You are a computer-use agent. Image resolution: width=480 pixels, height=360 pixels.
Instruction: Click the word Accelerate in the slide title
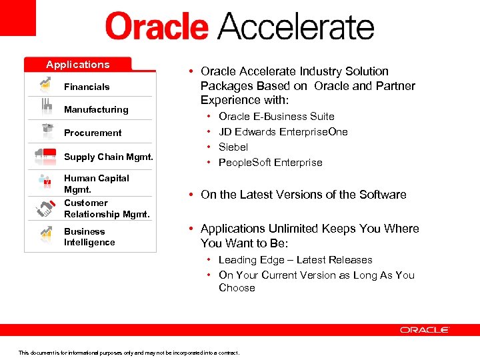pyautogui.click(x=297, y=27)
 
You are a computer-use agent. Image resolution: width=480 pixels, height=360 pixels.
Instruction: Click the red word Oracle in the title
pyautogui.click(x=157, y=27)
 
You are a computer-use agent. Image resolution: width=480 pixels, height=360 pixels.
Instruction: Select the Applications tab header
pyautogui.click(x=78, y=65)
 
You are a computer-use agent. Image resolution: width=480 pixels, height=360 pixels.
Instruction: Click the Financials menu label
pyautogui.click(x=87, y=87)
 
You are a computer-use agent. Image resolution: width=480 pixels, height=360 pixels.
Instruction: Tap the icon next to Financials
pyautogui.click(x=45, y=85)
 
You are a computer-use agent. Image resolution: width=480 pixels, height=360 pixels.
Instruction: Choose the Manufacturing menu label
pyautogui.click(x=96, y=109)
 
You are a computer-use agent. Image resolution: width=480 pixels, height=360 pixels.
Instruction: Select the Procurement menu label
pyautogui.click(x=93, y=133)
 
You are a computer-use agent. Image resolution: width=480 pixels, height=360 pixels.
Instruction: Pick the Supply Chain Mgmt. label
pyautogui.click(x=109, y=157)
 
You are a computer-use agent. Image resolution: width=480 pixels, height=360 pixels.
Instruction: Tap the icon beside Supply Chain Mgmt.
pyautogui.click(x=45, y=155)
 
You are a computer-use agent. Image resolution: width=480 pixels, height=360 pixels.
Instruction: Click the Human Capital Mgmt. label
pyautogui.click(x=96, y=183)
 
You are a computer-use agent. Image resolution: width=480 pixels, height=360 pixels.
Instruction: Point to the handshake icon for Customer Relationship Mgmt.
pyautogui.click(x=45, y=208)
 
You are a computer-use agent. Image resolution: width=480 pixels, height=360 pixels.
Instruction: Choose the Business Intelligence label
pyautogui.click(x=89, y=237)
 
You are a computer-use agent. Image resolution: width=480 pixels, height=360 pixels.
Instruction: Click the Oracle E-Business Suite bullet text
pyautogui.click(x=276, y=116)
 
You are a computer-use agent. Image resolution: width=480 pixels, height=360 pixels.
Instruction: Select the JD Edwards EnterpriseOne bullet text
pyautogui.click(x=283, y=131)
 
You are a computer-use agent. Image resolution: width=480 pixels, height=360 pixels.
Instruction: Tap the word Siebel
pyautogui.click(x=233, y=147)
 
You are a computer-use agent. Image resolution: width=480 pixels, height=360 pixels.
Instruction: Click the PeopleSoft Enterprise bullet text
pyautogui.click(x=270, y=162)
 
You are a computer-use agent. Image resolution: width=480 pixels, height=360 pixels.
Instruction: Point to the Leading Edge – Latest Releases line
pyautogui.click(x=295, y=259)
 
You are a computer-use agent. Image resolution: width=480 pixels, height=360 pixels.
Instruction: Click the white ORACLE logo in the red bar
pyautogui.click(x=425, y=329)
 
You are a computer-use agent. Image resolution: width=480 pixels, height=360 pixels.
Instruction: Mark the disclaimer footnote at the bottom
pyautogui.click(x=129, y=353)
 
